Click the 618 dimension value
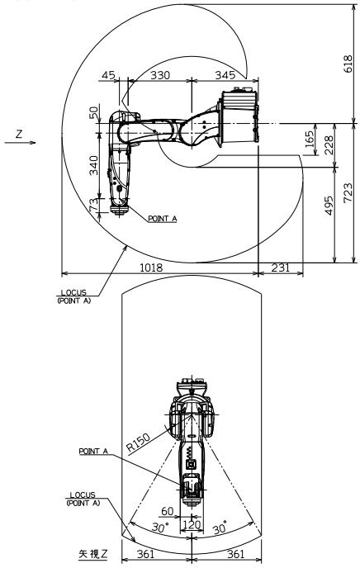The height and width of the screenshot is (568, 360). (348, 64)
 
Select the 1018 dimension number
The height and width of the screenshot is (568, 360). (151, 267)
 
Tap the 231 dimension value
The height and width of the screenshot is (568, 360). (281, 267)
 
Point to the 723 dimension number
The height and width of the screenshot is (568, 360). (348, 192)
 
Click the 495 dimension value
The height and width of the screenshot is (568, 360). (329, 206)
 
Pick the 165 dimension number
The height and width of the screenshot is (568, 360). (310, 140)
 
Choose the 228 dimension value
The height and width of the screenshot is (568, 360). (329, 145)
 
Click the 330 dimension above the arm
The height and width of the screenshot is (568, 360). (159, 75)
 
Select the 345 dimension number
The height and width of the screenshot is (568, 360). (225, 75)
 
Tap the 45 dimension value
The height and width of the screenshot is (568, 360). (109, 75)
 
